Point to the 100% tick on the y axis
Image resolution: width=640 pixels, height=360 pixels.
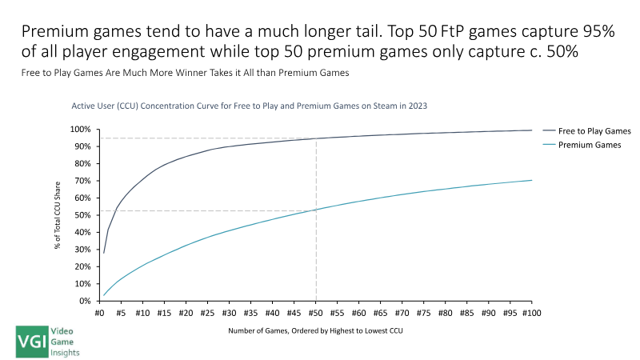pos(82,130)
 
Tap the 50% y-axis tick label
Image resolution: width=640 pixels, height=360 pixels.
pos(83,215)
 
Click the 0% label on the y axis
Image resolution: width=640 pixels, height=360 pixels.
pos(86,301)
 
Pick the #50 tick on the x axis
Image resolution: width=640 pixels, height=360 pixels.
pos(316,314)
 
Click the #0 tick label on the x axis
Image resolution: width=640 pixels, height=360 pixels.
pos(101,314)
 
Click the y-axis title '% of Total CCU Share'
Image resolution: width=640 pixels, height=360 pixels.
pos(58,215)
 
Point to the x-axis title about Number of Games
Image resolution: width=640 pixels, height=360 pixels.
pos(315,330)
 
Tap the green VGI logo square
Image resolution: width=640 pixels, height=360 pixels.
pos(31,342)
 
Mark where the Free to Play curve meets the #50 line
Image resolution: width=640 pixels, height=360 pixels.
pos(316,138)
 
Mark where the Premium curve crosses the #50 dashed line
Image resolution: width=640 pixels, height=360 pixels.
pos(316,210)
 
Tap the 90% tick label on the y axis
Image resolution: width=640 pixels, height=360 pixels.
pos(83,146)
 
